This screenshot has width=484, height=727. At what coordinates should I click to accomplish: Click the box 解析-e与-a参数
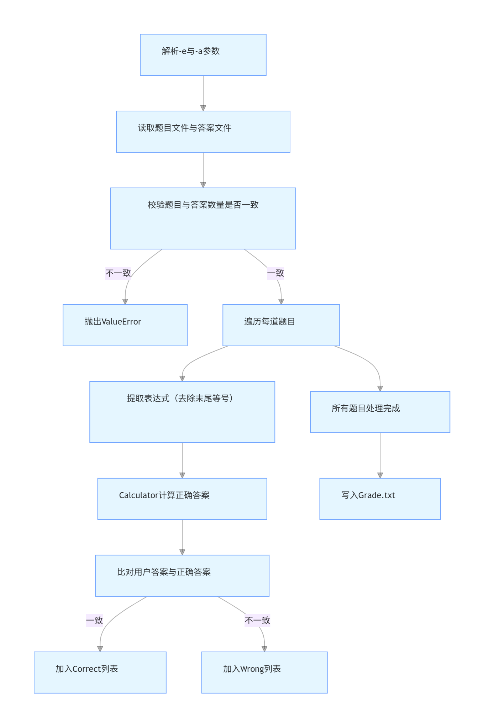203,55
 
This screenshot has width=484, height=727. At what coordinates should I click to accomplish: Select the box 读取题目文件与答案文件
203,132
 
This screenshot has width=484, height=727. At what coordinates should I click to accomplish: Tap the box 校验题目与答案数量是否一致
203,218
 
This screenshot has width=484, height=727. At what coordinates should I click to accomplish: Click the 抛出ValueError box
125,325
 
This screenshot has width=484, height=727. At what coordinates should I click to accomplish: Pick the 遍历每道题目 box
281,325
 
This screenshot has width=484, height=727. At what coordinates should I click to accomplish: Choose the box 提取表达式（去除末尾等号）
182,412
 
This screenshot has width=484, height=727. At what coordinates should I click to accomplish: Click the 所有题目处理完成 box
380,412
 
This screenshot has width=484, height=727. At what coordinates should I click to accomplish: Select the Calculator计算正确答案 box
182,499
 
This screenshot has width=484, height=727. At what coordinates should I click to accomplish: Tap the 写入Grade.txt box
380,499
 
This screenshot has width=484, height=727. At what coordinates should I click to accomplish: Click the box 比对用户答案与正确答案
182,575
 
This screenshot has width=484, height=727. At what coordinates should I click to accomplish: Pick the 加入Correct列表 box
100,672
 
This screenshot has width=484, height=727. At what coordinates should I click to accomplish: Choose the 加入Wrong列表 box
264,672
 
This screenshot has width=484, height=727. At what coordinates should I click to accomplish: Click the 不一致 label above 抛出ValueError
118,273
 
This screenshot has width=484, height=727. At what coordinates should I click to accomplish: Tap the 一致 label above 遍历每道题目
275,273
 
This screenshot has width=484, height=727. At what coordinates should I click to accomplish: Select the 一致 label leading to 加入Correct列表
94,620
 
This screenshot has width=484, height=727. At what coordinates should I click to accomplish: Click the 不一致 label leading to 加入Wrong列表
257,620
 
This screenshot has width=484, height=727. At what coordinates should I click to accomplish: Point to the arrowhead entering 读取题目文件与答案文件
203,108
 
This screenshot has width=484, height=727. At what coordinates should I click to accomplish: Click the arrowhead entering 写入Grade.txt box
380,475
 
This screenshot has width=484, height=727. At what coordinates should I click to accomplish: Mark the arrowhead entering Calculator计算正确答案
182,475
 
